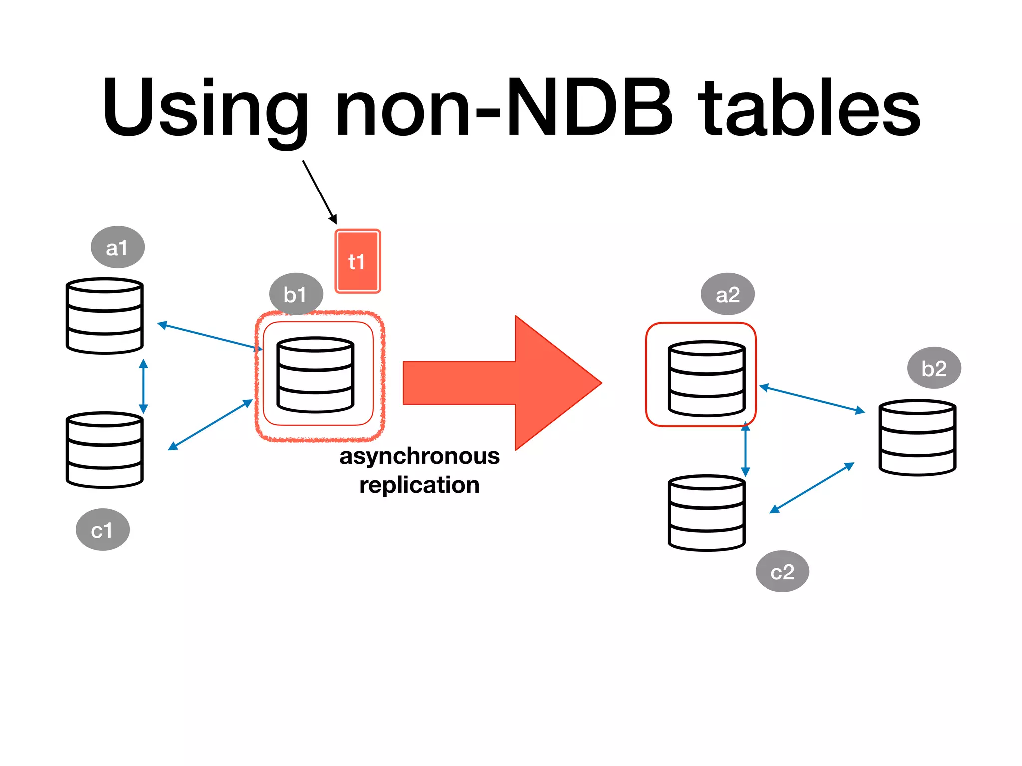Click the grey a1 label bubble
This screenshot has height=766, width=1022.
click(118, 247)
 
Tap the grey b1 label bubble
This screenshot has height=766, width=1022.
click(296, 294)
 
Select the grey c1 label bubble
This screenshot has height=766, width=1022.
click(103, 530)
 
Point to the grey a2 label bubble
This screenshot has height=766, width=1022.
click(727, 294)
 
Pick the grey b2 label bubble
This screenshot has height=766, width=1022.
click(934, 368)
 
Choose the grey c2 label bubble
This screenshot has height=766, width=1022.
click(782, 572)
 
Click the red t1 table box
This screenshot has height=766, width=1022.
click(357, 261)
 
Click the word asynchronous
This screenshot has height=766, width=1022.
click(419, 456)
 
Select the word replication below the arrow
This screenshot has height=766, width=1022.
click(419, 485)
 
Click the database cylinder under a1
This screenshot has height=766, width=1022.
click(105, 316)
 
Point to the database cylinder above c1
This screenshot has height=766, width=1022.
click(105, 450)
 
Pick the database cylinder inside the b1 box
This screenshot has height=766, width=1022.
click(315, 375)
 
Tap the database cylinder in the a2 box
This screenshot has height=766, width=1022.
click(707, 379)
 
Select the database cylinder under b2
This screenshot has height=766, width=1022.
click(917, 437)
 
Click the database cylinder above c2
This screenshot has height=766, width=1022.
click(707, 513)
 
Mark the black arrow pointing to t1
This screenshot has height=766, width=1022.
click(319, 191)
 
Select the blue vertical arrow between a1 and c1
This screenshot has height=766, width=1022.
click(143, 386)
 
